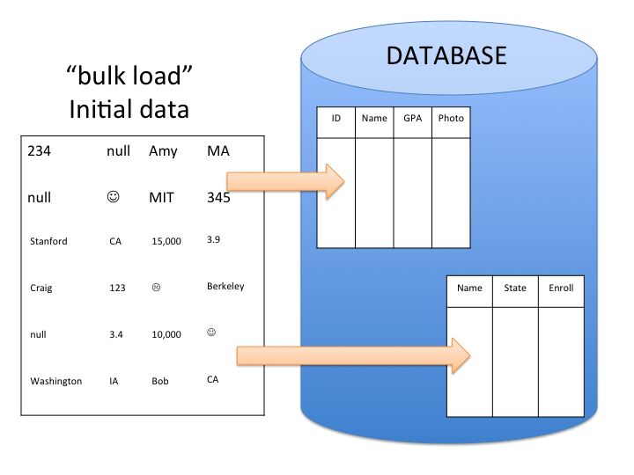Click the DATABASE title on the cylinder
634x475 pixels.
pos(446,56)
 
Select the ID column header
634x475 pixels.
pos(335,119)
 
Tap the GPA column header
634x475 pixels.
pos(412,119)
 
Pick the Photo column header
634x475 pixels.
pos(451,119)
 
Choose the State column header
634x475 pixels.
pos(515,288)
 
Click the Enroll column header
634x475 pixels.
pos(561,288)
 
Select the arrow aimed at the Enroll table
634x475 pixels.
pos(353,354)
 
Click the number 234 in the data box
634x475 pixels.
pos(40,151)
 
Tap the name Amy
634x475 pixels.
pos(163,151)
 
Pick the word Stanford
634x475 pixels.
pos(48,241)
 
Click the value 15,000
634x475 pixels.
pos(166,241)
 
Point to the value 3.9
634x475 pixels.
pos(215,239)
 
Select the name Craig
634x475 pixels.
pos(41,288)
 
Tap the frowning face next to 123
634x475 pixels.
pos(157,287)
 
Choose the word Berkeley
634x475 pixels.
pos(225,286)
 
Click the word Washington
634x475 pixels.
pos(55,381)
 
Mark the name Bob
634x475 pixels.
pos(159,381)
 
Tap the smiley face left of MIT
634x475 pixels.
pos(113,197)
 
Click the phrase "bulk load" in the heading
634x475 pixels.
pos(129,77)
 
